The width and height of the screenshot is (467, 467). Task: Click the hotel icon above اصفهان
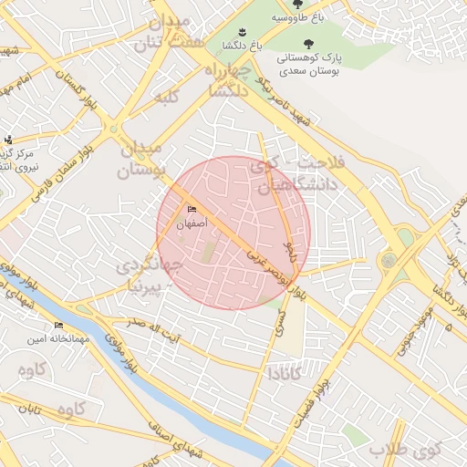pyautogui.click(x=192, y=210)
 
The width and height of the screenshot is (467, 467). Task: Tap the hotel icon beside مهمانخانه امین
pyautogui.click(x=59, y=326)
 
